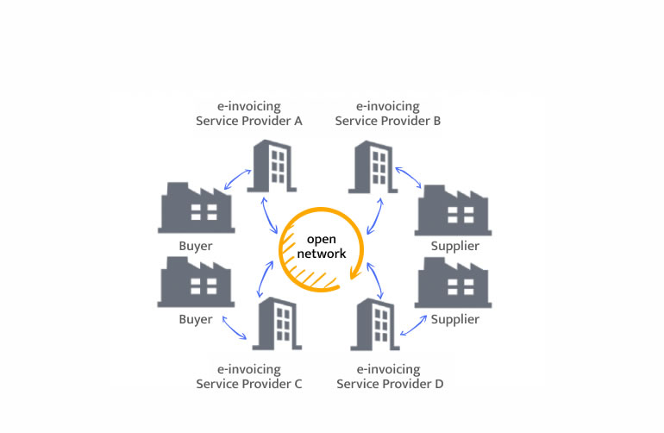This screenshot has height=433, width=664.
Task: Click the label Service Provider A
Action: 248,114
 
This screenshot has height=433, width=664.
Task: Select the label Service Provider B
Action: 388,114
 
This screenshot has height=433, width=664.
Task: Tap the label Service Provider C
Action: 248,376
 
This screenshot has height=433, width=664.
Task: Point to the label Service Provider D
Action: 390,376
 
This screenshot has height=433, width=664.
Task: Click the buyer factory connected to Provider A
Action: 196,208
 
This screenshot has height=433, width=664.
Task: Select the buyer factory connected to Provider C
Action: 196,281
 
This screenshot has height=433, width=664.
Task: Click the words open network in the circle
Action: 320,246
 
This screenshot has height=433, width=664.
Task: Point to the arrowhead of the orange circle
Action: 354,274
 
